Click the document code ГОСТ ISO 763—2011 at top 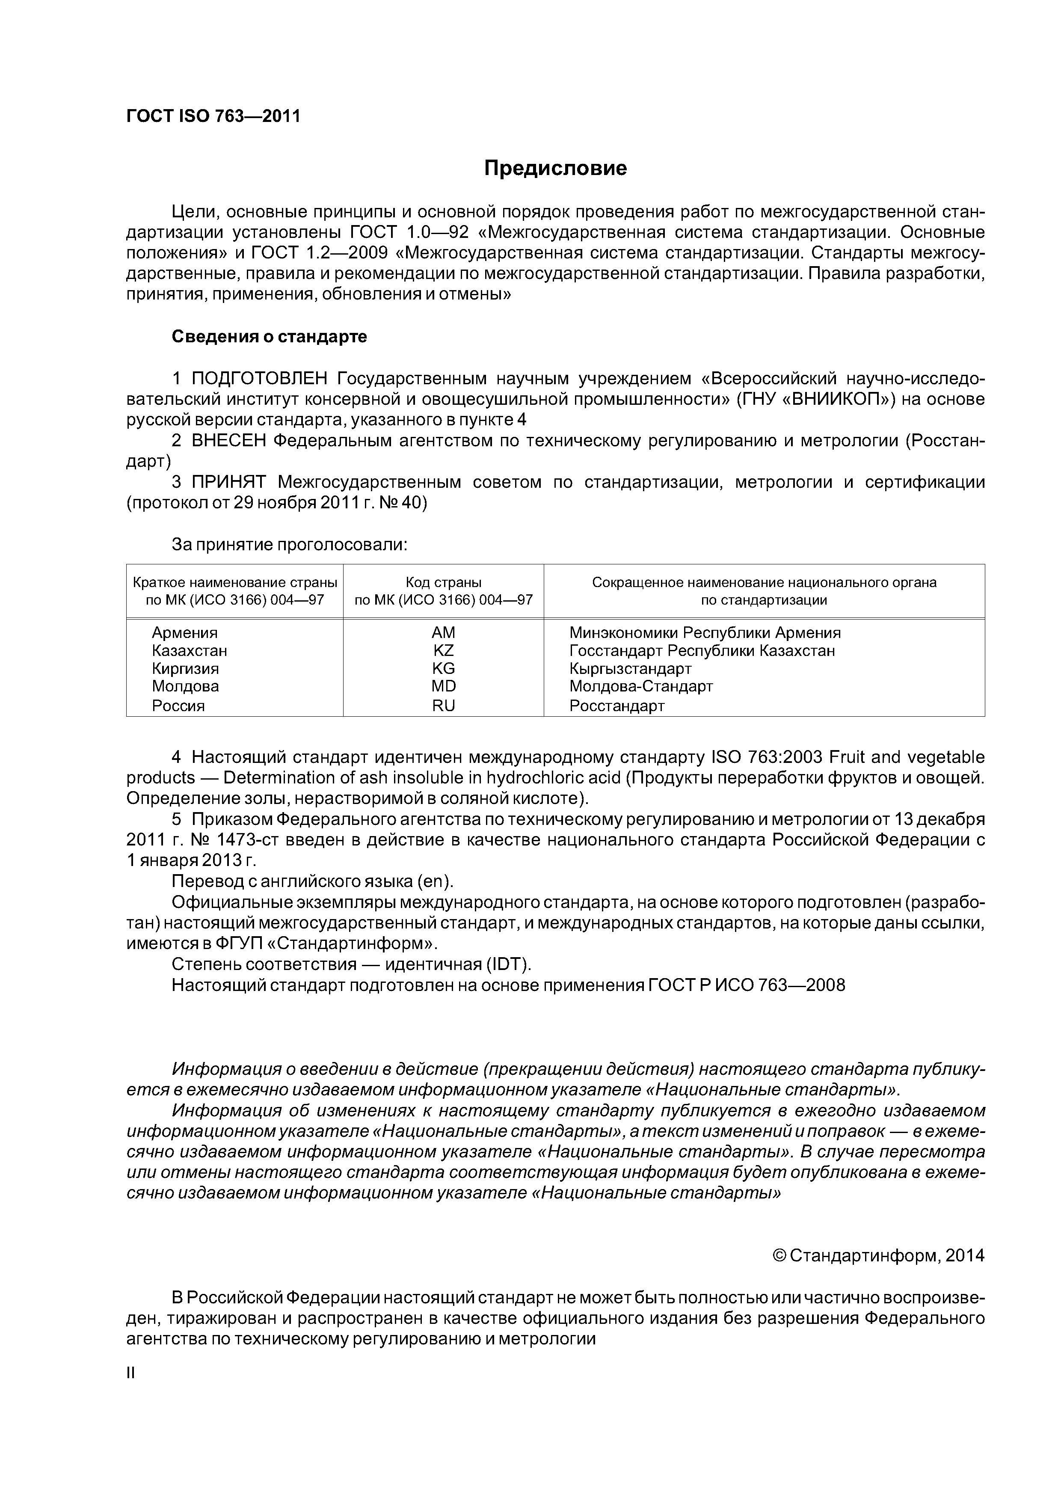tap(213, 116)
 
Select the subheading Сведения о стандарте tap(270, 337)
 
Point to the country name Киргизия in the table tap(185, 668)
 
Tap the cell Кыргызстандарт tap(630, 668)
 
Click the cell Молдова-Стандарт tap(640, 686)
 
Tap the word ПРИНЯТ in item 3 tap(228, 483)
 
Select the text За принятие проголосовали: tap(290, 545)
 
